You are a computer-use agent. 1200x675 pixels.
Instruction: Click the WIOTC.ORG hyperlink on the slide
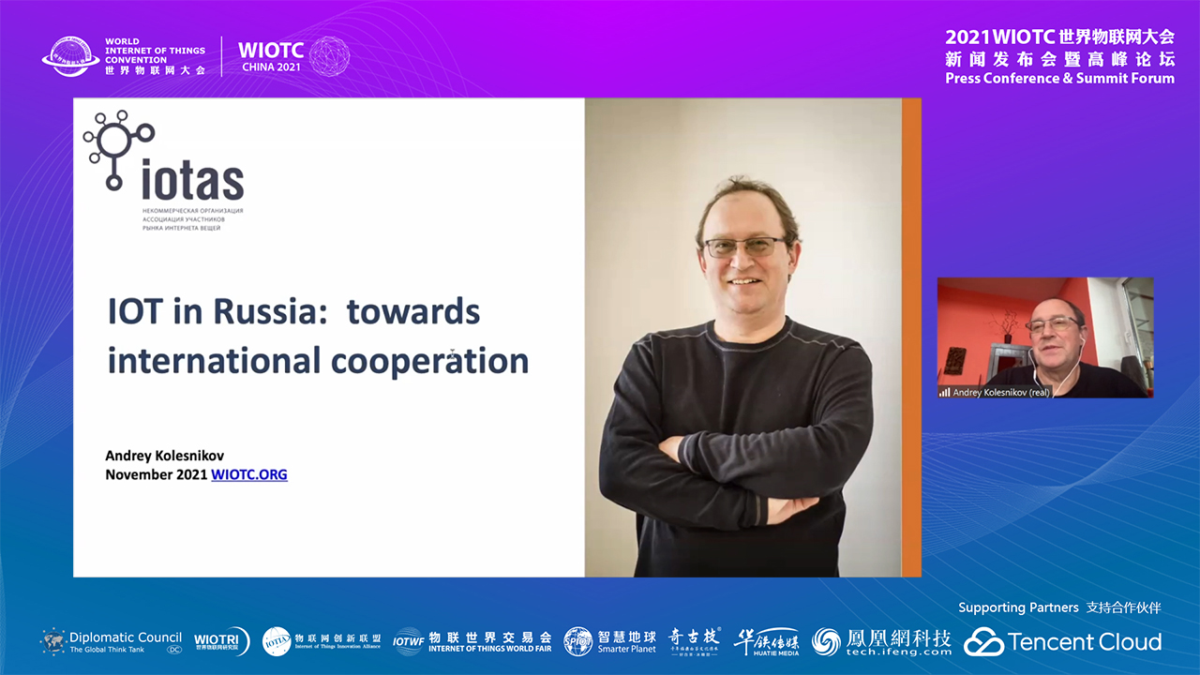point(249,474)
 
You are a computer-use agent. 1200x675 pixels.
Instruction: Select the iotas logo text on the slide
point(192,180)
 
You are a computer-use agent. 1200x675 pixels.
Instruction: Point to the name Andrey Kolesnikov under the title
point(164,456)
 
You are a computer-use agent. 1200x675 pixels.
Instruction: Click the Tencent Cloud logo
point(1063,642)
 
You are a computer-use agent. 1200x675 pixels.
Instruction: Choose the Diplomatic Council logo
point(112,642)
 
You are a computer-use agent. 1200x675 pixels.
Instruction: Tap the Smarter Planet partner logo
point(610,642)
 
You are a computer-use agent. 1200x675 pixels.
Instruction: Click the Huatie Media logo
point(766,642)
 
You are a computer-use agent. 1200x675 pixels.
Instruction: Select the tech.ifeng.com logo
point(881,642)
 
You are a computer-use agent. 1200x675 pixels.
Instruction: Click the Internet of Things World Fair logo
point(472,642)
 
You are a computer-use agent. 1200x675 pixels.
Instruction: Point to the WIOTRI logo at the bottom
point(221,642)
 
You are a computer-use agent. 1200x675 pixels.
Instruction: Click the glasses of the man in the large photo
point(744,247)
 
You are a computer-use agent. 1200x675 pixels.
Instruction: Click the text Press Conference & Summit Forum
point(1059,79)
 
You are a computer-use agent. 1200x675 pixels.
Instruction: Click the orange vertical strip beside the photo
point(911,337)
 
